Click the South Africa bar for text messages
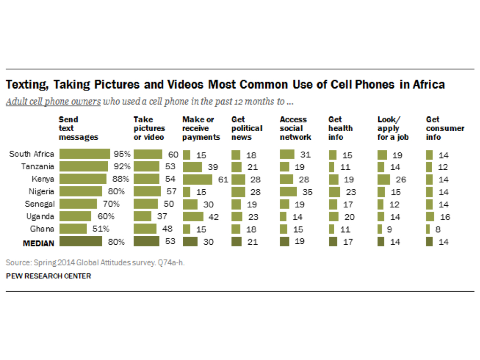click(84, 154)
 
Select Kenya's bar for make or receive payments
click(204, 179)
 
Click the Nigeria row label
click(41, 191)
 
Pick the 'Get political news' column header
click(247, 128)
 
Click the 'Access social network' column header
click(295, 128)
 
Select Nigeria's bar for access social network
click(288, 191)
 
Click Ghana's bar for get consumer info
click(428, 229)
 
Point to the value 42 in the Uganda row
click(214, 217)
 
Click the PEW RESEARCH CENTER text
click(48, 276)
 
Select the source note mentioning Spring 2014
click(95, 262)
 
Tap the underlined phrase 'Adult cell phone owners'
click(53, 102)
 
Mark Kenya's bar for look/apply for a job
click(384, 179)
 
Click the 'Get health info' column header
click(340, 128)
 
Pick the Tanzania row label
click(38, 166)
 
